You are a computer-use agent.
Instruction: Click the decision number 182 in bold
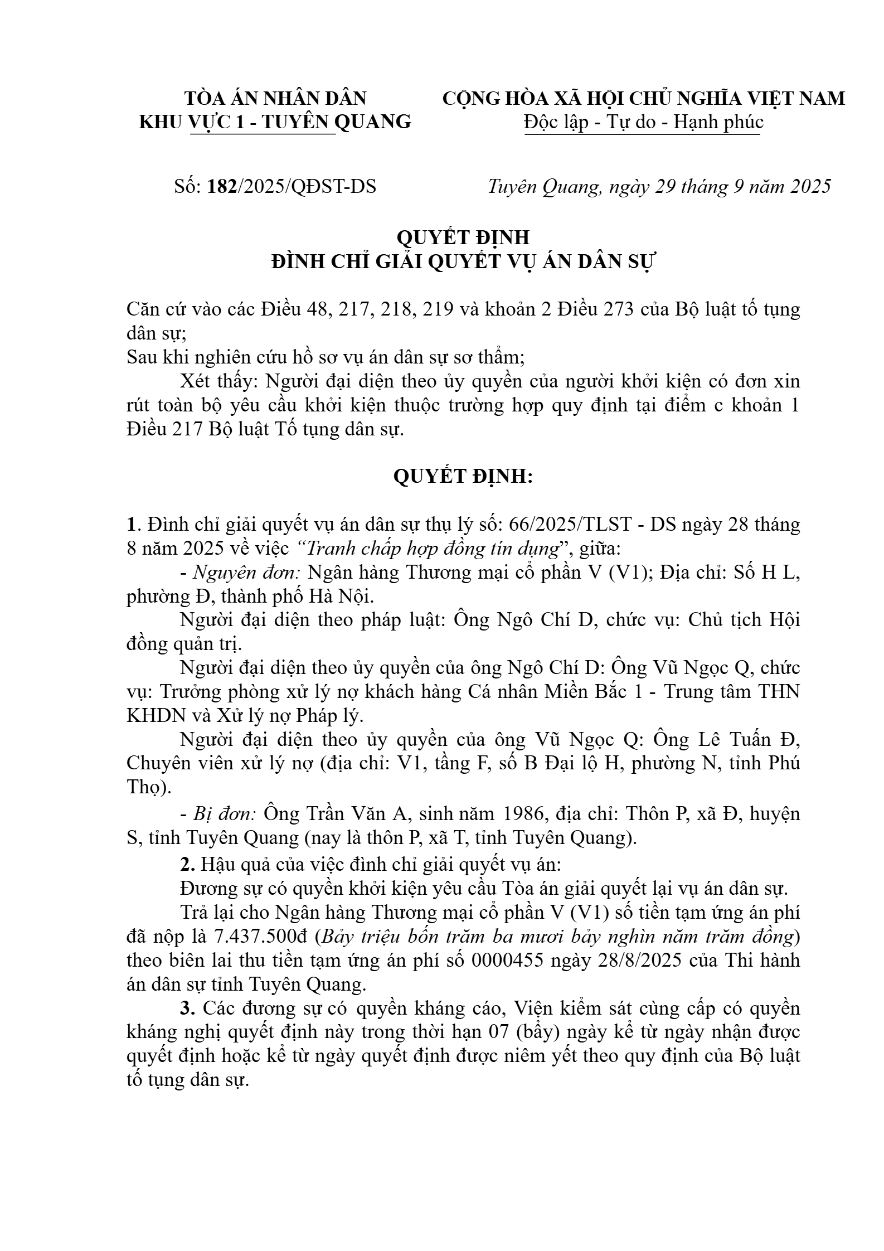pos(222,186)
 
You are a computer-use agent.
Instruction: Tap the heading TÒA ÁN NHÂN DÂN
pos(275,98)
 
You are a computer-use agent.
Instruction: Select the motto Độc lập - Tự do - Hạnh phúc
pos(643,122)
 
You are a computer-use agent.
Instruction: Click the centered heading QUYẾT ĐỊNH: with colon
pos(463,477)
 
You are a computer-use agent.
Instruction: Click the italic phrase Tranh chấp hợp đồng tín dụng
pos(433,549)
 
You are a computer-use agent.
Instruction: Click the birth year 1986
pos(522,814)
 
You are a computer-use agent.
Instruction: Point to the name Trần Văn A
pos(342,814)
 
